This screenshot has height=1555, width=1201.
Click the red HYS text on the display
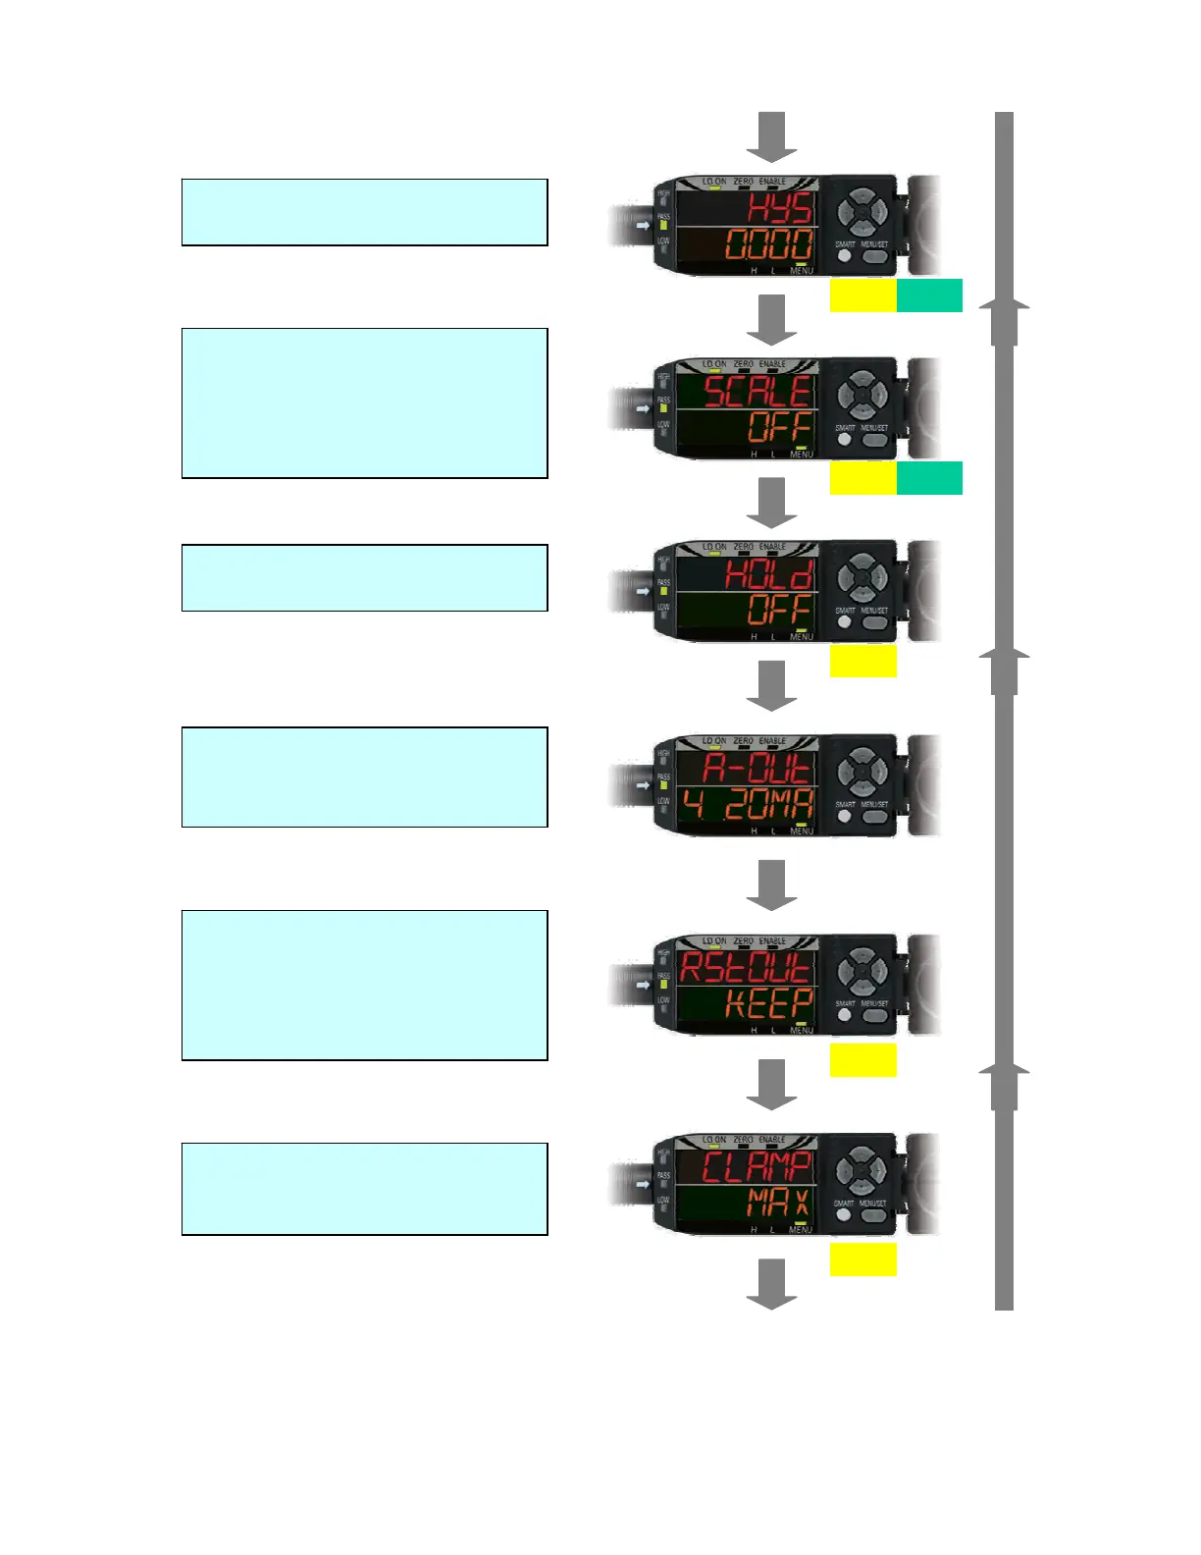pos(780,208)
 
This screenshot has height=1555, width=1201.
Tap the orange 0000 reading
pos(769,244)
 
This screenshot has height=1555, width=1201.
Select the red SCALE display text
pos(758,392)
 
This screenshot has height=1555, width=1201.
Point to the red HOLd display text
pos(769,573)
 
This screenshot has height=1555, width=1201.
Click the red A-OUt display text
pos(757,768)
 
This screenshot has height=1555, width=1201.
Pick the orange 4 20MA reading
pos(748,805)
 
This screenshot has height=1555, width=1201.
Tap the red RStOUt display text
pos(747,968)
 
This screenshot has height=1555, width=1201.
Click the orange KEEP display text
pos(769,1004)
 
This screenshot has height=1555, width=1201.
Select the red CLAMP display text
pos(757,1167)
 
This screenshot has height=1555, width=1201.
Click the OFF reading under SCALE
pos(780,427)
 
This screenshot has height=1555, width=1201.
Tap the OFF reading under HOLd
pos(780,610)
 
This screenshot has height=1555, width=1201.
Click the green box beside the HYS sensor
pos(929,295)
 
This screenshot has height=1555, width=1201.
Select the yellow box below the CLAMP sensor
pos(862,1260)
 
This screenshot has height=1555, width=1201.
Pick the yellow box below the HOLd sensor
pos(862,661)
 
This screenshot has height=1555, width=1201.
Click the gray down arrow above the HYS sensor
pos(772,136)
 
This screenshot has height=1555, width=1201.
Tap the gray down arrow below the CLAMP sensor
pos(772,1283)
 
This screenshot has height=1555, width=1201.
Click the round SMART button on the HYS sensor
pos(844,257)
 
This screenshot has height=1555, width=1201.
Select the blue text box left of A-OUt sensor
pos(364,777)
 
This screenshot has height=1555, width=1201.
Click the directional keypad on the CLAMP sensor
pos(861,1171)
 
